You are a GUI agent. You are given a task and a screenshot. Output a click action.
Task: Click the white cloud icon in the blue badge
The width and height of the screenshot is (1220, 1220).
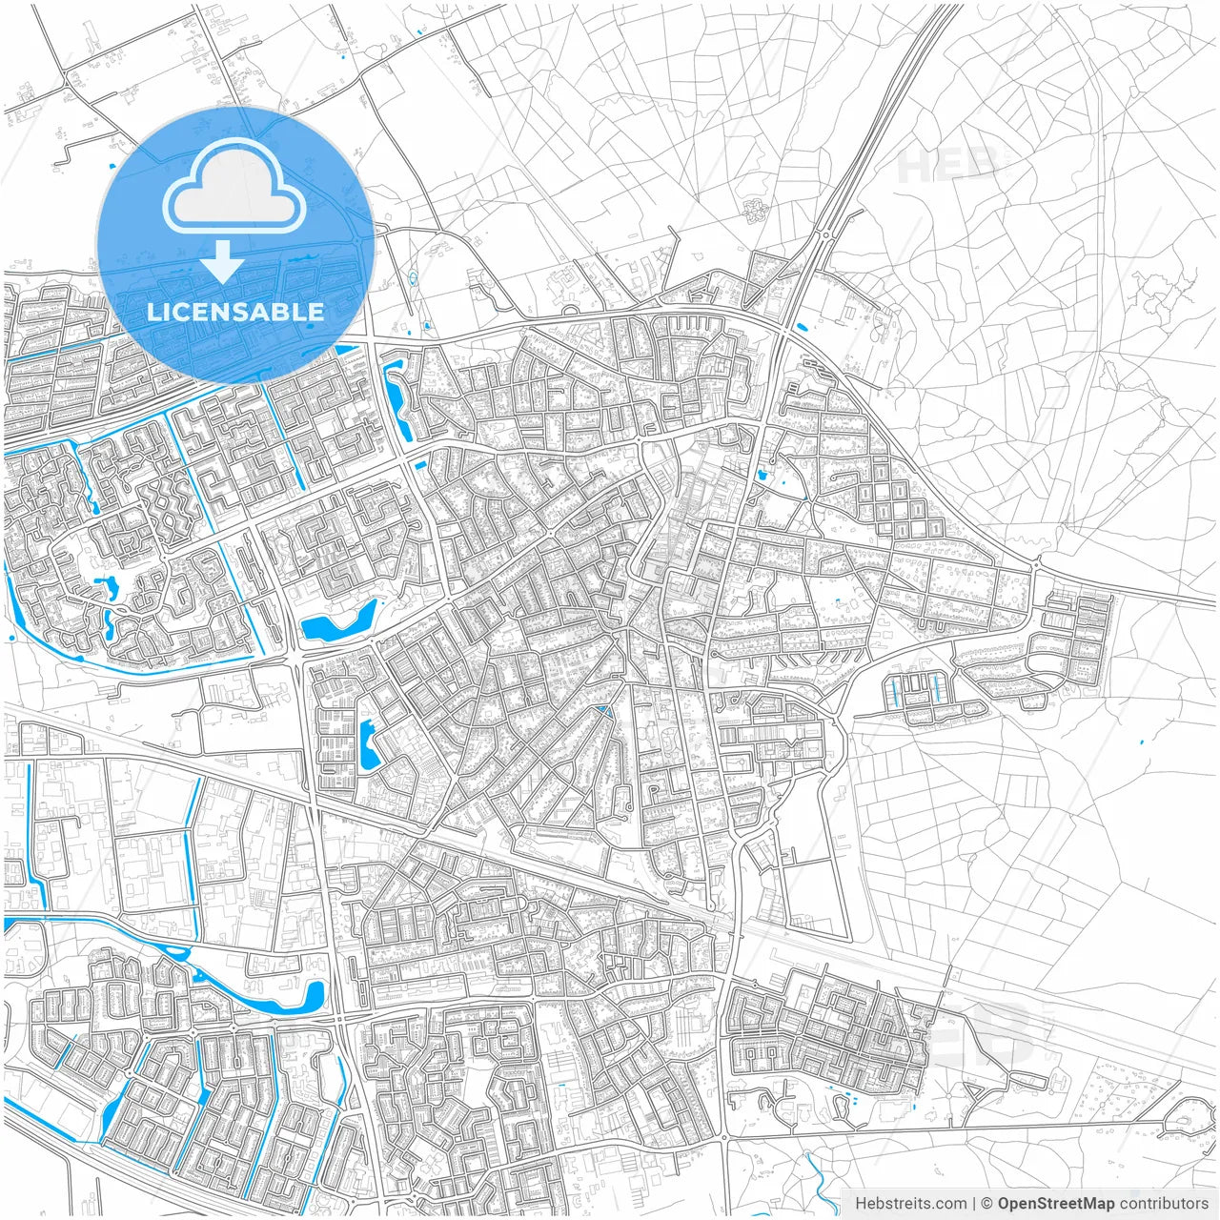pyautogui.click(x=234, y=187)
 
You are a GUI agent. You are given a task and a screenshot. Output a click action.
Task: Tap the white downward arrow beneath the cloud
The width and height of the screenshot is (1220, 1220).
pyautogui.click(x=223, y=262)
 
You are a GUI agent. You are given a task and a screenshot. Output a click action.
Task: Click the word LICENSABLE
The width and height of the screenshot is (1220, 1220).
pyautogui.click(x=234, y=312)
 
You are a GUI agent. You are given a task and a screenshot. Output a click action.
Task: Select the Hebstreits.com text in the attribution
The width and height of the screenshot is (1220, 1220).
pyautogui.click(x=910, y=1204)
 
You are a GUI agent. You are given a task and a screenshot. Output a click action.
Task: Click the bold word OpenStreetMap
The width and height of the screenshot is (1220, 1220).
pyautogui.click(x=1055, y=1204)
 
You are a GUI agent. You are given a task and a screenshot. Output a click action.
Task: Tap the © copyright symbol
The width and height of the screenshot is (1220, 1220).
pyautogui.click(x=987, y=1204)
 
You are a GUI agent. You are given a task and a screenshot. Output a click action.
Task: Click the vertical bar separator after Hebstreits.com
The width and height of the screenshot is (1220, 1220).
pyautogui.click(x=974, y=1204)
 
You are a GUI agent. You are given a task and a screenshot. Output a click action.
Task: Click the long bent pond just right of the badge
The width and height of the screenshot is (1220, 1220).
pyautogui.click(x=398, y=400)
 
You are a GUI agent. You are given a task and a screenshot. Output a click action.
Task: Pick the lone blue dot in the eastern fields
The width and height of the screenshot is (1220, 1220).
pyautogui.click(x=1142, y=742)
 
